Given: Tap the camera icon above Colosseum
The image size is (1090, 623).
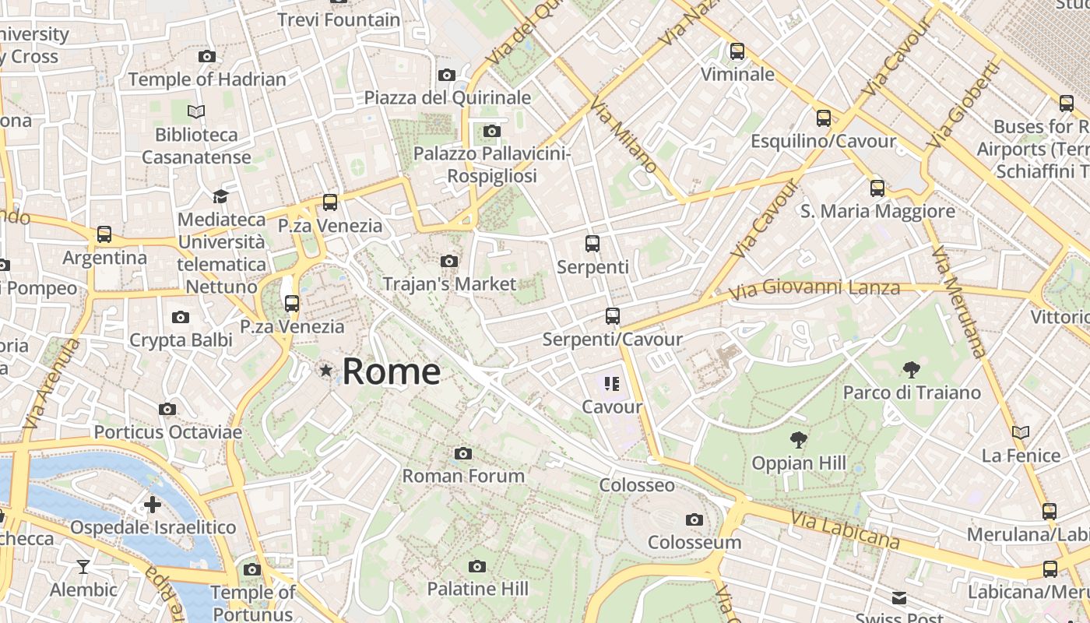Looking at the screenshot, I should (694, 519).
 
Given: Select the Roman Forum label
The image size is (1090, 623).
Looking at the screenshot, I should (463, 475).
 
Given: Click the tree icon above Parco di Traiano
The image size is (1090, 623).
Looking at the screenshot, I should (911, 370).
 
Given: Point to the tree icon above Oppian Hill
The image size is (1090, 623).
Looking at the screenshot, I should (798, 440).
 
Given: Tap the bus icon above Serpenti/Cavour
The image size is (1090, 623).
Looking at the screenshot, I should (613, 316).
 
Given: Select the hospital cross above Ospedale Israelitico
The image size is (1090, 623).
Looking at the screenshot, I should (153, 505).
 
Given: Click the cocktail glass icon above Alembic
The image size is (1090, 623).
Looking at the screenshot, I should (83, 566).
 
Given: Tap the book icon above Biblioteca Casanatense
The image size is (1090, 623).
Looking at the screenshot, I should (196, 112).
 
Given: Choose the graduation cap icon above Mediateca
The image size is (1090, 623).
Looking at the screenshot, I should (221, 196).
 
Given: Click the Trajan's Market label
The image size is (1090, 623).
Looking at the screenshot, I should (449, 284).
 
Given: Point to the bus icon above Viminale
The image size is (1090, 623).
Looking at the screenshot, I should (737, 51).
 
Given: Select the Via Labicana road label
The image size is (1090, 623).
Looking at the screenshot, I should (846, 530).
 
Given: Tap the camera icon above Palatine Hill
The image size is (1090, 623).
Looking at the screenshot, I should (477, 566).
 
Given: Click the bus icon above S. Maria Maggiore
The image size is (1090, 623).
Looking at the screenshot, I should (877, 188).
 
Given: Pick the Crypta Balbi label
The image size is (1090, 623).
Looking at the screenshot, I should (181, 340).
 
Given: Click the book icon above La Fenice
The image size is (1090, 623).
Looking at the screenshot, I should (1021, 432).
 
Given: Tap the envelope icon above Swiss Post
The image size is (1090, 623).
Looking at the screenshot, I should (899, 598).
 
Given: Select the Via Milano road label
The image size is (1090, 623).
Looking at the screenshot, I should (624, 135).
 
